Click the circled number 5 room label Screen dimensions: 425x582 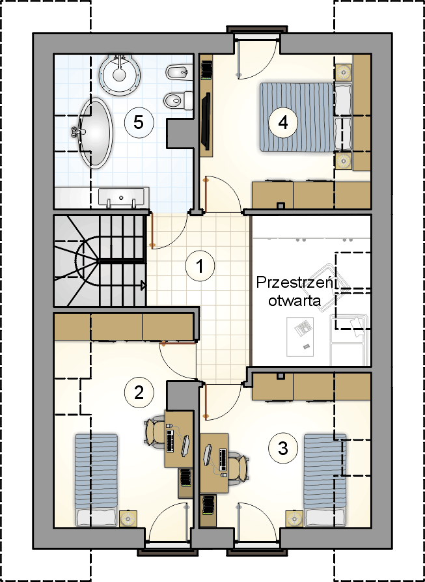pos(138,122)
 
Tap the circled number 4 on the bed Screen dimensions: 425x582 pos(283,122)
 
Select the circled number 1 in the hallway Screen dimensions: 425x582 pos(200,266)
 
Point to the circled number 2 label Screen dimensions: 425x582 pos(139,393)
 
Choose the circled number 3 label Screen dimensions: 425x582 pos(283,449)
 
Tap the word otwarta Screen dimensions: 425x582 pos(295,300)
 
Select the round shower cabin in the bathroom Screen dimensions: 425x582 pos(120,70)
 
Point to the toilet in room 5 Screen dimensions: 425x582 pos(178,100)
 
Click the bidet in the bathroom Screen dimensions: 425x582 pos(179,72)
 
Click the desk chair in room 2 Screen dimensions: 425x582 pos(155,432)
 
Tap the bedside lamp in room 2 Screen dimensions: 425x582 pos(128,518)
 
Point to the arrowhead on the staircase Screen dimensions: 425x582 pos(143,285)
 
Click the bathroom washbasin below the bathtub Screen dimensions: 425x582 pos(121,197)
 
